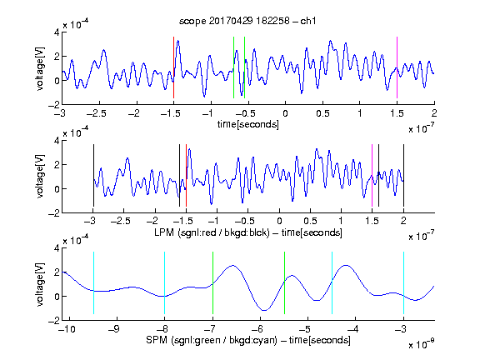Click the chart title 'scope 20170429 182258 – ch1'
(247, 21)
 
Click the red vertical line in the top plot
(173, 67)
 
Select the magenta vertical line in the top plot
(397, 67)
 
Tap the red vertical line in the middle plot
(186, 175)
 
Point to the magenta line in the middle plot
(372, 175)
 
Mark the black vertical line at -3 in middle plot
(93, 175)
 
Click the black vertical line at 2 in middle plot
(403, 175)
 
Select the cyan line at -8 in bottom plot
(164, 282)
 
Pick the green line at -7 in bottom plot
(212, 282)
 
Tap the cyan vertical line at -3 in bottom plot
(403, 282)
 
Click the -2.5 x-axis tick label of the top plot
(96, 113)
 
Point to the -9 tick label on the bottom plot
(114, 329)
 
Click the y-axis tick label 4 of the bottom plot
(57, 247)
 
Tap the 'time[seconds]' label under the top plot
(248, 124)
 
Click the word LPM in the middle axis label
(164, 232)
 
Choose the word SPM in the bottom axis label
(157, 340)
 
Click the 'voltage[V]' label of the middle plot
(40, 177)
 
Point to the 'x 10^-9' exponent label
(421, 344)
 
